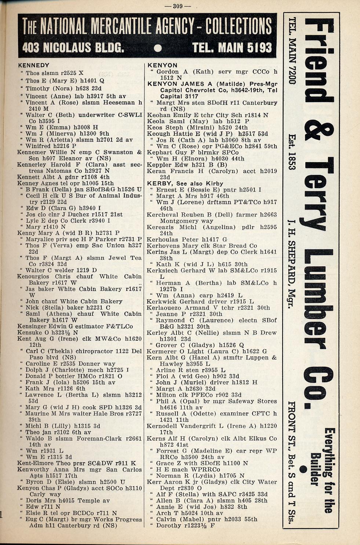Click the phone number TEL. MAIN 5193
coord(232,47)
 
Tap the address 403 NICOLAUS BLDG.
coord(73,47)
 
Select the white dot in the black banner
coord(158,48)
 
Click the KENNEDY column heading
coord(33,65)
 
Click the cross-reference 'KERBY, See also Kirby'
coord(185,183)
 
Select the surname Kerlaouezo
coord(165,308)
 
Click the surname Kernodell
coord(164,426)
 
